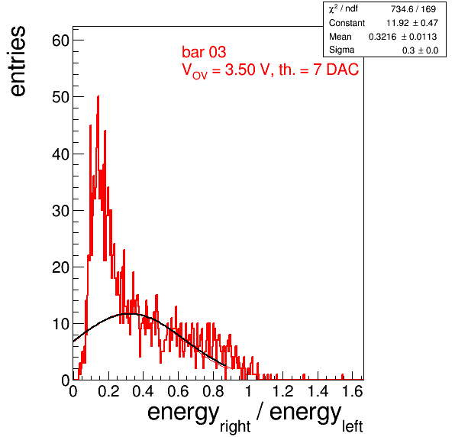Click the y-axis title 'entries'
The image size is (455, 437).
18,61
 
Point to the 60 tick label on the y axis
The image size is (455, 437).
60,40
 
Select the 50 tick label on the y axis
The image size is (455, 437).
60,97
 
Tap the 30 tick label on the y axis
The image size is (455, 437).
60,211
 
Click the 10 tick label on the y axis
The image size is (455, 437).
60,324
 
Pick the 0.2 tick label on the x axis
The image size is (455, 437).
108,391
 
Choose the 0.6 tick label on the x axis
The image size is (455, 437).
178,391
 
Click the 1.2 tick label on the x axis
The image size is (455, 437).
283,391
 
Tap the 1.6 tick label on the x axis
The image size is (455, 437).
353,391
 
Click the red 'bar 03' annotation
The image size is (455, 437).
204,52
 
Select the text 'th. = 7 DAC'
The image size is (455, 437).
318,70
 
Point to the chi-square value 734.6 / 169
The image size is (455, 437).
413,9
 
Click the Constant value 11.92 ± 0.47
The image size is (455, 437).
412,23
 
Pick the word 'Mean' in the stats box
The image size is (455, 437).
340,37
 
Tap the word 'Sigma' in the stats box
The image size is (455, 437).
341,50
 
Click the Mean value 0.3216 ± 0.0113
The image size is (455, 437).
403,37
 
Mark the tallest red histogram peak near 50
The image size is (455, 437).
98,97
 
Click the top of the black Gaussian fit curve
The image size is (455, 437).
129,314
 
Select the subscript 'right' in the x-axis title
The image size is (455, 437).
235,427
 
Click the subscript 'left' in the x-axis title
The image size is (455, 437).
352,426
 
